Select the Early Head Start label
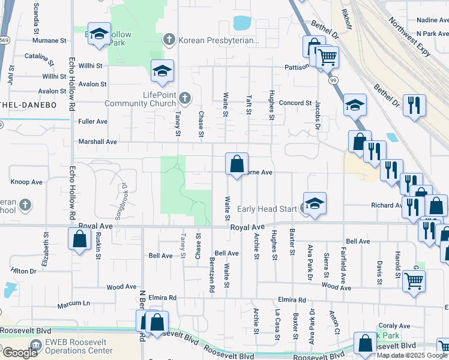point(267,209)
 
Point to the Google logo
point(20,353)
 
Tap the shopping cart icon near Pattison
point(327,58)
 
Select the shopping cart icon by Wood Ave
point(413,280)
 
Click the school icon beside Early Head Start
point(314,203)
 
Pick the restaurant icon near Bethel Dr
point(414,106)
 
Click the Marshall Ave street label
point(98,142)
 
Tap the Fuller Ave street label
point(93,121)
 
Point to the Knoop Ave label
point(27,182)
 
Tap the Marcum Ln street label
point(74,305)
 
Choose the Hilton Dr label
point(24,271)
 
